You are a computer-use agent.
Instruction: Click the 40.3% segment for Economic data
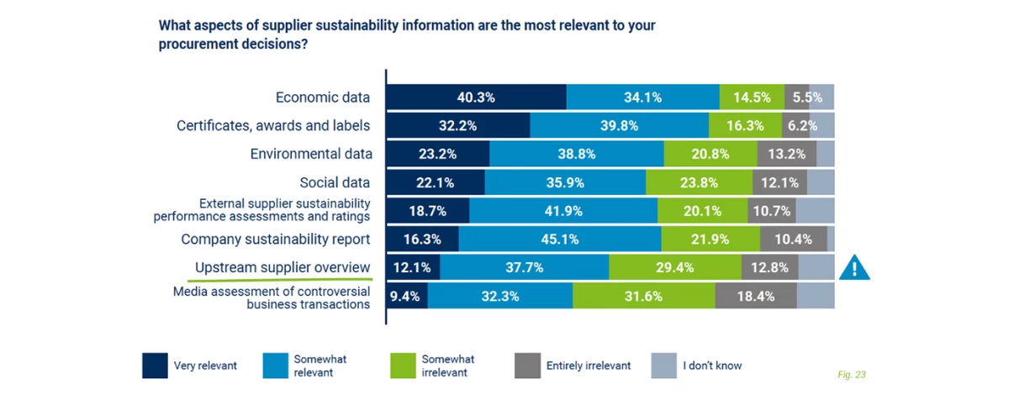(476, 98)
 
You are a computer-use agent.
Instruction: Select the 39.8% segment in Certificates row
(619, 126)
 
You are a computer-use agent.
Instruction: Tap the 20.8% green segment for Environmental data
(710, 155)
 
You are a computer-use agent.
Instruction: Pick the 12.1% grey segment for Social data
(779, 182)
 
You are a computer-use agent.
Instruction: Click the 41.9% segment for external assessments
(563, 211)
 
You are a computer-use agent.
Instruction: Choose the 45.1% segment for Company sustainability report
(560, 240)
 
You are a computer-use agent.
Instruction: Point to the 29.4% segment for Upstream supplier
(674, 267)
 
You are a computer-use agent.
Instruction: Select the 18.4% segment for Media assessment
(755, 296)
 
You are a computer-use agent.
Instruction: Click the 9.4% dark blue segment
(407, 296)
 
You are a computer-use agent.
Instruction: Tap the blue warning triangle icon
(854, 267)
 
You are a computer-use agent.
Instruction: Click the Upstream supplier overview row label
(283, 267)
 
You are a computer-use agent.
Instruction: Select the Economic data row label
(323, 98)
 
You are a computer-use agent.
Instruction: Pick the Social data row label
(335, 182)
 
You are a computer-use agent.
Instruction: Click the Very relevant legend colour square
(154, 366)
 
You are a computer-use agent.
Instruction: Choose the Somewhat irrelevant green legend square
(403, 366)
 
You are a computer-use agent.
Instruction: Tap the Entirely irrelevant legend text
(588, 366)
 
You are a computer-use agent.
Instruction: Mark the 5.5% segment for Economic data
(796, 98)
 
